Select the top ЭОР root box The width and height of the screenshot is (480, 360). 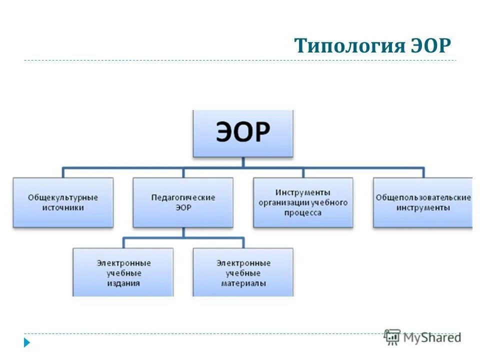click(x=243, y=133)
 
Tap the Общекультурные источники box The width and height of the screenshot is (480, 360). click(x=63, y=202)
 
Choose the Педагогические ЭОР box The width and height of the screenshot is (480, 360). click(x=183, y=202)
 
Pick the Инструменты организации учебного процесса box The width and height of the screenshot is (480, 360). click(x=303, y=202)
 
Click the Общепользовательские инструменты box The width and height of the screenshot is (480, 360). click(x=423, y=202)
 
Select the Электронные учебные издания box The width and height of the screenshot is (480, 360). click(x=123, y=272)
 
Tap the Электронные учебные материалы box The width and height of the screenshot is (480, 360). click(x=243, y=272)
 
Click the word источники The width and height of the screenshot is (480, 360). click(x=63, y=207)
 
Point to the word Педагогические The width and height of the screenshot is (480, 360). click(x=183, y=197)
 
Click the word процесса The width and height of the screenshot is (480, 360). click(x=303, y=212)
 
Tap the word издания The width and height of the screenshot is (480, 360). click(x=123, y=283)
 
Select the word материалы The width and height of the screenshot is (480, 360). click(x=243, y=283)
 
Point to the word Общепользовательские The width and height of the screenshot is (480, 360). click(x=423, y=197)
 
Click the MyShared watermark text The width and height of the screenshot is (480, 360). click(x=432, y=337)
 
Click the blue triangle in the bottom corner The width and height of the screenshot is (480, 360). click(x=27, y=342)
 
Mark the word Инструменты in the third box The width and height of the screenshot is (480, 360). click(x=303, y=192)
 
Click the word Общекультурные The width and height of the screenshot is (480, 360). click(x=63, y=197)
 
